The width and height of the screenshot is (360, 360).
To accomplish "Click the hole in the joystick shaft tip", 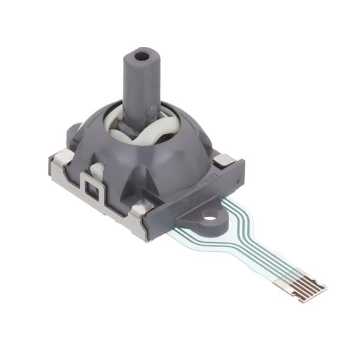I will pos(142,57).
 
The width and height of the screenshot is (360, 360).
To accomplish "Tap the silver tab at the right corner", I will pos(224,159).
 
